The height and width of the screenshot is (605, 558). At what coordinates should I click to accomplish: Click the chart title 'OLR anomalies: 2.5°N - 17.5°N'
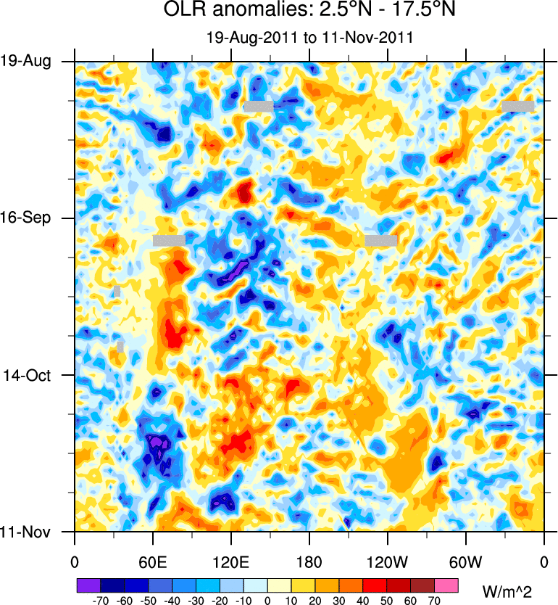309,12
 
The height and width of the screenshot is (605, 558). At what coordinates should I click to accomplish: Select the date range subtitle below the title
309,38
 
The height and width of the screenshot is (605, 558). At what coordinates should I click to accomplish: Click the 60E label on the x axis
153,561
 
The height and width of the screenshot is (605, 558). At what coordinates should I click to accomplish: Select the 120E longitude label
231,561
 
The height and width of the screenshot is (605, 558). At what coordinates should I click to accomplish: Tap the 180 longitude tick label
309,561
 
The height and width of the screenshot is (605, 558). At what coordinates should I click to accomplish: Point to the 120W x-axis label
388,561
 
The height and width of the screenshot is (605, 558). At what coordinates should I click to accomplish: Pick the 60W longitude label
466,561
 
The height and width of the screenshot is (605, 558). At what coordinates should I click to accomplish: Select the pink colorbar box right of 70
446,585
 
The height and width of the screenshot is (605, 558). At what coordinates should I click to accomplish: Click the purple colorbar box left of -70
88,585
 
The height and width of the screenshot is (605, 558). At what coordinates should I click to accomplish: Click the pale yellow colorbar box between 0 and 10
279,585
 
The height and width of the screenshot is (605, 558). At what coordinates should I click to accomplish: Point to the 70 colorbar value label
435,601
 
